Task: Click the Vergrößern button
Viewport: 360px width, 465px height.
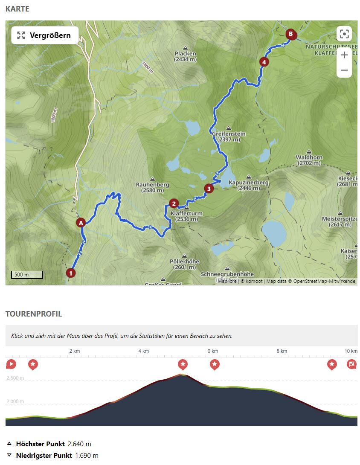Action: pos(45,35)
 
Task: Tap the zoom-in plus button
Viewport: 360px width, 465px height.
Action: pos(344,55)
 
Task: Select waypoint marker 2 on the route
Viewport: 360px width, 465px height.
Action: pos(174,203)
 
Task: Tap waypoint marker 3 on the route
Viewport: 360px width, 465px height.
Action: pos(208,188)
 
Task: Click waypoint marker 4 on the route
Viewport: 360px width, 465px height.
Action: pos(264,62)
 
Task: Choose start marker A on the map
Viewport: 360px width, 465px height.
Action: pos(81,222)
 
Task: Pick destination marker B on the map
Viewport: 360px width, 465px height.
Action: pos(290,34)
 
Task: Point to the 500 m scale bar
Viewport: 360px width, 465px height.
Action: pos(27,274)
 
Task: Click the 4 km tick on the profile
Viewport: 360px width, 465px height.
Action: pos(143,351)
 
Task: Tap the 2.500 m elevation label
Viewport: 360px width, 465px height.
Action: pos(15,378)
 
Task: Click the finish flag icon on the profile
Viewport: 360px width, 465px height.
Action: pos(351,364)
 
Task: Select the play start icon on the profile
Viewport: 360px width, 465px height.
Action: pos(11,364)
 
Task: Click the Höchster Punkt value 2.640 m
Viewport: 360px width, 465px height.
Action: pos(79,444)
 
